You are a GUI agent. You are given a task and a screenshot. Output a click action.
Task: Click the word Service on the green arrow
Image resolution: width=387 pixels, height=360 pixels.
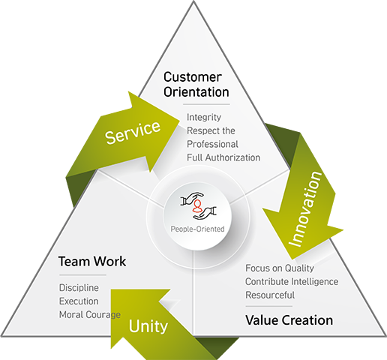coord(133,132)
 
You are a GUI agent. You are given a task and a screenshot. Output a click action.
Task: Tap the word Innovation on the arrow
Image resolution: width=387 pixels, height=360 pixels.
coord(305,209)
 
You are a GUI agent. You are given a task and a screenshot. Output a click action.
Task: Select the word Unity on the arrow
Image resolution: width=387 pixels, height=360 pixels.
coord(148,327)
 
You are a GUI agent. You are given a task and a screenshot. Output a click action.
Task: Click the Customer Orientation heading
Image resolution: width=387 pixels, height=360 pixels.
coord(196,85)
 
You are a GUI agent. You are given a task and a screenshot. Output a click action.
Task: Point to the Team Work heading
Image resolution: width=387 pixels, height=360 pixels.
coord(92,262)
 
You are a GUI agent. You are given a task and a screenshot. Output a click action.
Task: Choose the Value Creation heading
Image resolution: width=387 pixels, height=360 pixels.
coord(289,320)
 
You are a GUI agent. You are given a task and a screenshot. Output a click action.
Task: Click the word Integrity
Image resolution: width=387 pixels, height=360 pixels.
coord(204,118)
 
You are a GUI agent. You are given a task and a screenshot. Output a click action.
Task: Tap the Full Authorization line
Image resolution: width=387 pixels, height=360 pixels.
coord(223,157)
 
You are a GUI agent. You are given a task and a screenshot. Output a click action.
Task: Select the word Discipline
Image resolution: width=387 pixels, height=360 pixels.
coord(79,288)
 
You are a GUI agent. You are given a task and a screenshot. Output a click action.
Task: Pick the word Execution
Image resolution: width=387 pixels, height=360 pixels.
coord(79,301)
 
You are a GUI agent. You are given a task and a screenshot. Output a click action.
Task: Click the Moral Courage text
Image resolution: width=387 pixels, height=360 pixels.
coord(90,315)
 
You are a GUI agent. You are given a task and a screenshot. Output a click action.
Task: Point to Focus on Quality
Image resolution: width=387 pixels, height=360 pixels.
coord(280,268)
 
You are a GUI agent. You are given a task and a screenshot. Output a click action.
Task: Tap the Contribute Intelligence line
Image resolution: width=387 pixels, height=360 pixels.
coord(292,282)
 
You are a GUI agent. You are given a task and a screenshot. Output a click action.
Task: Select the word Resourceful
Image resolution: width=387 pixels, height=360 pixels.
coord(270,295)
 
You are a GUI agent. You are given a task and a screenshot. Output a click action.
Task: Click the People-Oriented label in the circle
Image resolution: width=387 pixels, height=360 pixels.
coord(197,229)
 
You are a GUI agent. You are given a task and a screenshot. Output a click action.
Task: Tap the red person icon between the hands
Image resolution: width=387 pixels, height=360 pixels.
coord(197,206)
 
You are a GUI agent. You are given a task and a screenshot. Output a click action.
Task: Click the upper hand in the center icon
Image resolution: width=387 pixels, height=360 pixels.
coord(192,198)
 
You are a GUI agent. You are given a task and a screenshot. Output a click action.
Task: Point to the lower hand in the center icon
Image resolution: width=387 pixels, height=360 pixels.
coord(205,213)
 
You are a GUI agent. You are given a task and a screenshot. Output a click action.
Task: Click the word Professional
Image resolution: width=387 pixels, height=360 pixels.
coord(212,144)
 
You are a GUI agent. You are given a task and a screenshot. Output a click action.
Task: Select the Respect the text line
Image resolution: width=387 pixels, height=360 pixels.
coord(211,130)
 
